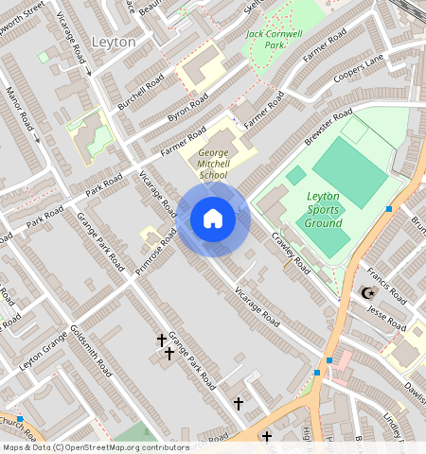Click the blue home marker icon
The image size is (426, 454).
click(213, 219)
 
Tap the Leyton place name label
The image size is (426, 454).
click(114, 43)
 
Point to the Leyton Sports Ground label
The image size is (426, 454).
click(324, 209)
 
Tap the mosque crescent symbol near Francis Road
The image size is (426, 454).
click(368, 293)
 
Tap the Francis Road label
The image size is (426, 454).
click(388, 284)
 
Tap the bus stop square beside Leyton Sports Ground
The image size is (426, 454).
click(388, 208)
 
